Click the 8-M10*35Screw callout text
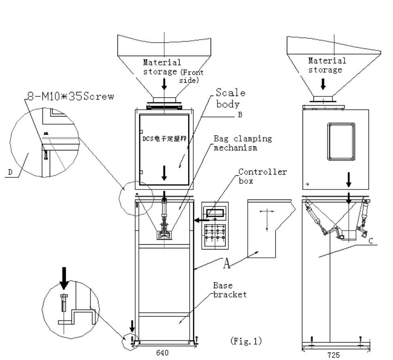tap(69, 97)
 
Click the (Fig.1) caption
tap(246, 341)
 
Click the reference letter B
tap(239, 114)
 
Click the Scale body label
tap(230, 98)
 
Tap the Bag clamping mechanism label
tap(242, 143)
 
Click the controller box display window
tap(215, 212)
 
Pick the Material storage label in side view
tap(327, 65)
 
